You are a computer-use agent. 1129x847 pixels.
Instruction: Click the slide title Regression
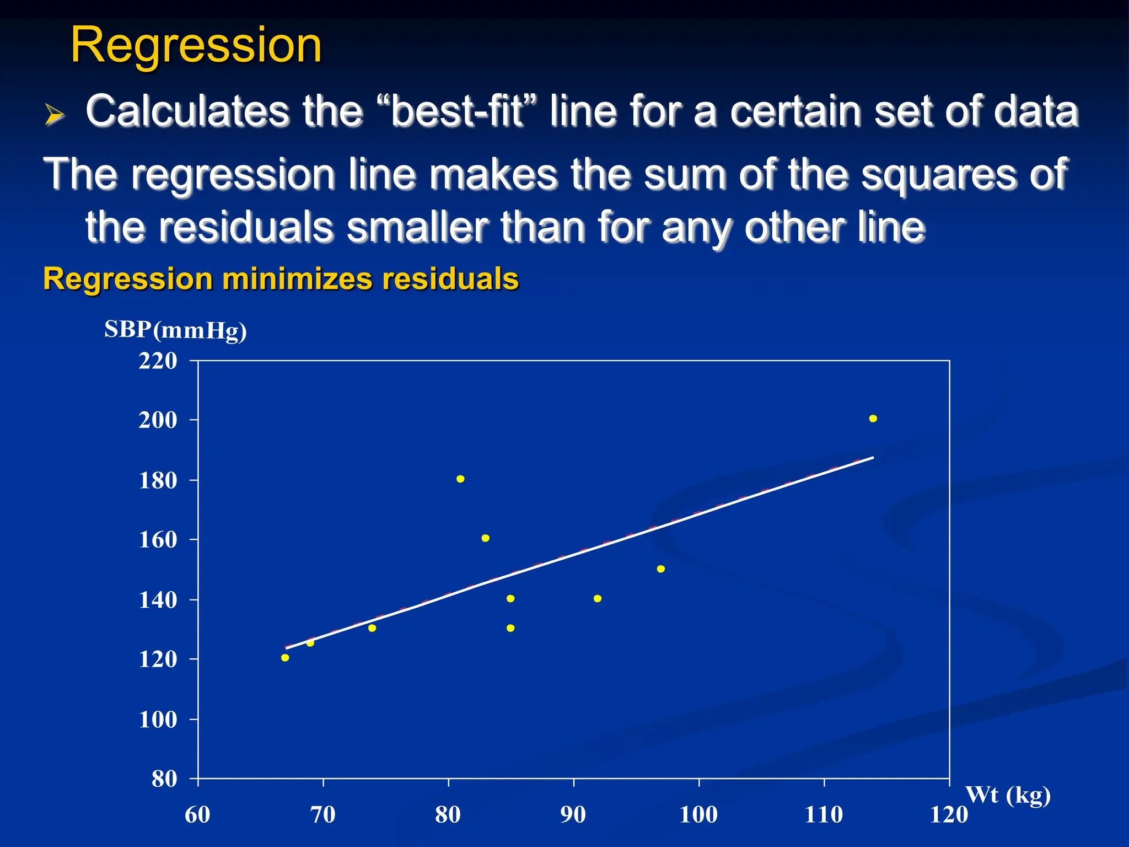click(196, 45)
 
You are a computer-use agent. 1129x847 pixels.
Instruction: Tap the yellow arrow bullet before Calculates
click(54, 115)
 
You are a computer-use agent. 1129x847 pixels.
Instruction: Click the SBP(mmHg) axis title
click(175, 330)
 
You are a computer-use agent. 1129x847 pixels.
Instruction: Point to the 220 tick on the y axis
click(158, 361)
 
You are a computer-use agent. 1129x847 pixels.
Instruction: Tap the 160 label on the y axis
click(158, 540)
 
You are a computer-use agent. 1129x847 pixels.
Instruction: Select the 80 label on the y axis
click(164, 779)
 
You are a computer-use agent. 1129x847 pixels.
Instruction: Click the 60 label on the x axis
click(197, 814)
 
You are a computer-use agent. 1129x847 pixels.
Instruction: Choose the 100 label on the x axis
click(698, 814)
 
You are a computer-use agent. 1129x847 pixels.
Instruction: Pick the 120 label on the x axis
click(949, 814)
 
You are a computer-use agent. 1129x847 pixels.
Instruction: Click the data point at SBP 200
click(873, 419)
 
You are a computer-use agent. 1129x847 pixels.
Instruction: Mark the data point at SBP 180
click(460, 479)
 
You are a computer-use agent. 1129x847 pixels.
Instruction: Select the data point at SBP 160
click(485, 538)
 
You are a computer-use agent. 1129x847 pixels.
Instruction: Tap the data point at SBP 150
click(660, 569)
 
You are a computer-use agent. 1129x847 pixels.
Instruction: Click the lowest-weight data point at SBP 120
click(285, 657)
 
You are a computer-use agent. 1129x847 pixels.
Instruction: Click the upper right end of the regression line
click(873, 458)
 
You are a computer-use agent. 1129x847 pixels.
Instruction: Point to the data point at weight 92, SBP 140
click(597, 598)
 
